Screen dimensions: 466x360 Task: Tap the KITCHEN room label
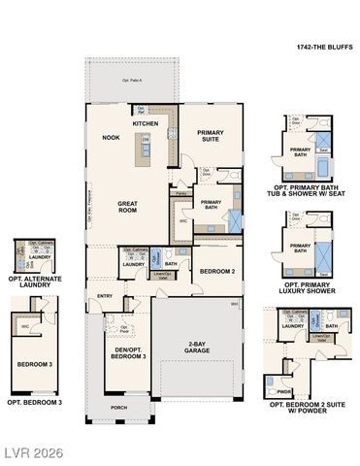tap(146, 124)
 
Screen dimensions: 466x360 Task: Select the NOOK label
tap(111, 138)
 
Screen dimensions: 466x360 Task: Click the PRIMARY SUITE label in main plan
tap(211, 135)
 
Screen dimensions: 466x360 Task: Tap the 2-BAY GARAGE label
tap(199, 347)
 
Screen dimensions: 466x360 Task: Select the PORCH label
tap(118, 408)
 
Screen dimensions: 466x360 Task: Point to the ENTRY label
tap(105, 296)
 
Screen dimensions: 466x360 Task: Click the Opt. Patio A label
tap(132, 81)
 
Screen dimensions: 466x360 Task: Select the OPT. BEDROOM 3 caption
tap(35, 401)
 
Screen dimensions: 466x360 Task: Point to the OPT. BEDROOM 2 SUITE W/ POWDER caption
tap(307, 406)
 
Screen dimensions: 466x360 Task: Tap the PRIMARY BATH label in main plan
tap(211, 204)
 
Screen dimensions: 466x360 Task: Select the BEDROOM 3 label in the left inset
tap(33, 364)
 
